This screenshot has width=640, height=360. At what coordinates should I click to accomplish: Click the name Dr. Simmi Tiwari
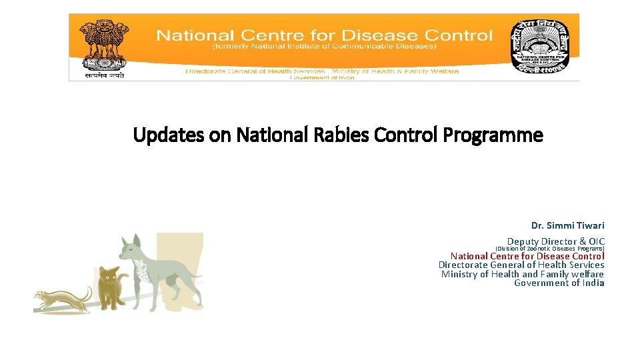567,225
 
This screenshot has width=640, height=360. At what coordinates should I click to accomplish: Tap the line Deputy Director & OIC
555,241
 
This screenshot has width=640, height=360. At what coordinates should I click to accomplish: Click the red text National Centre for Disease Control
527,256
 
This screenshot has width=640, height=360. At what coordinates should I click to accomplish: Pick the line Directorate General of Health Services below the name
521,265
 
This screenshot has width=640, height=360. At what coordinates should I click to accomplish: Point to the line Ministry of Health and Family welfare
522,274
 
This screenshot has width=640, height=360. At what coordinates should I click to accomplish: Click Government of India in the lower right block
559,283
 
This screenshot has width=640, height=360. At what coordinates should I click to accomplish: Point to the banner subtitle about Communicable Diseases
324,47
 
